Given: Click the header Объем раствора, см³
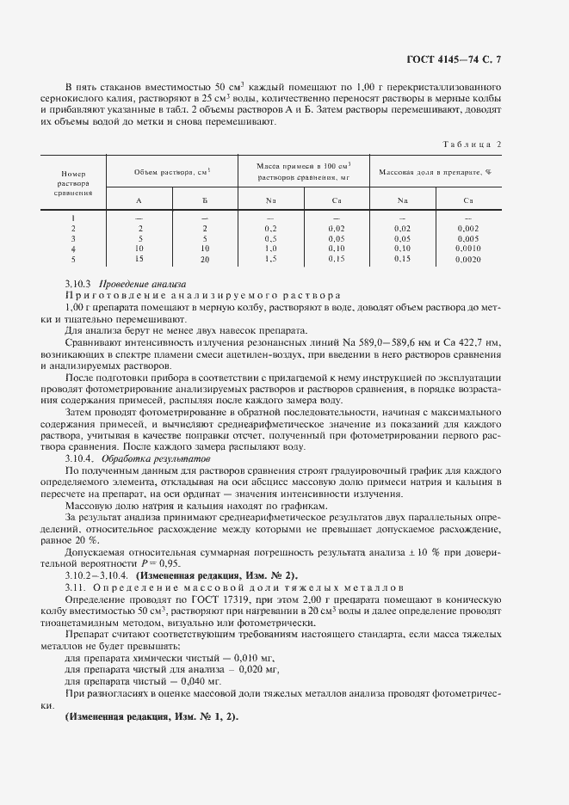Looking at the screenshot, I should click(x=172, y=172).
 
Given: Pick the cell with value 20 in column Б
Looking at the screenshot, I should click(x=205, y=259).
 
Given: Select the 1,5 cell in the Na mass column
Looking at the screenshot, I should click(x=270, y=259).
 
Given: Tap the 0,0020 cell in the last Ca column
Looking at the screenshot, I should click(x=468, y=259).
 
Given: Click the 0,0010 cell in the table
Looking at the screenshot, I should click(x=468, y=249).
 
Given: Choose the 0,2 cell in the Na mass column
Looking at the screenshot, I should click(x=270, y=228).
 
